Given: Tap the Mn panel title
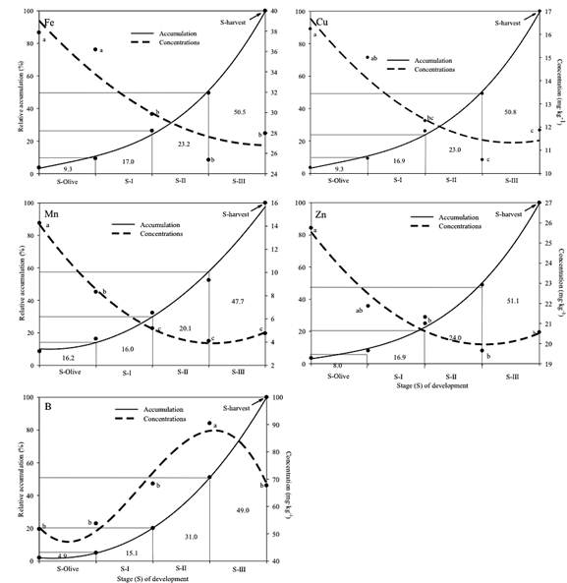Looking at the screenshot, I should (48, 212).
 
